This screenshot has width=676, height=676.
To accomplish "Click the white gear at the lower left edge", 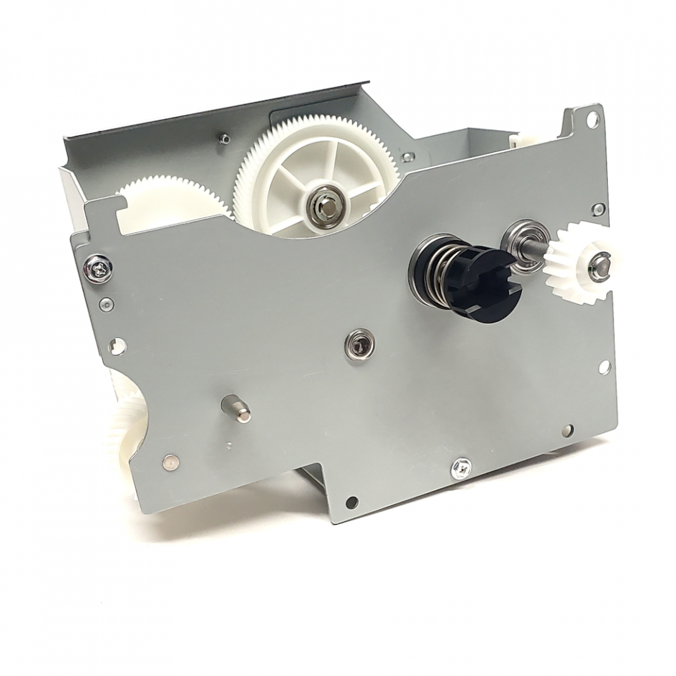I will pos(127,430).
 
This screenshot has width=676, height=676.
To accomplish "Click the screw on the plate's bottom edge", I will pos(461,465).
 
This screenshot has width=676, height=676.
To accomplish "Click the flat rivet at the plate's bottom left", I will pos(170,462).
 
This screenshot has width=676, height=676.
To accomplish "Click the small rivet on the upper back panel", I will pos(224,139).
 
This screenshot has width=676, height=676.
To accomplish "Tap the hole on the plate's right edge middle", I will pos(604,367).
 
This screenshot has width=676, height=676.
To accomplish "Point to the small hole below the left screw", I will pos(106,304).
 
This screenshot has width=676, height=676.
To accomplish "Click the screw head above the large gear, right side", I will pos(408,156).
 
